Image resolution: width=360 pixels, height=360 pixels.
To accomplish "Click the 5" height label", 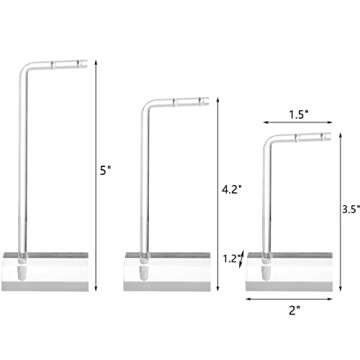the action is point(105,171).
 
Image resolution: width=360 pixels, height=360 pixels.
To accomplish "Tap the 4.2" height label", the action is point(231,189).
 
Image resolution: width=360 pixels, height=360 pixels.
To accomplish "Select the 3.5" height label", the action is point(351,209).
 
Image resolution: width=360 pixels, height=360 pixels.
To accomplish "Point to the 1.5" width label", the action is point(298,115).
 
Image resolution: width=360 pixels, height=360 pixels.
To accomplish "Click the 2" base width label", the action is point(294,311).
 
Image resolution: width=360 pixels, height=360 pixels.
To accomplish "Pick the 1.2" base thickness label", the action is point(232,259).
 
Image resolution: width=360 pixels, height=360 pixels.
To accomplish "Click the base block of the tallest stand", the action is point(45,272).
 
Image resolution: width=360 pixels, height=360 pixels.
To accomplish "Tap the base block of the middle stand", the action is point(167,272).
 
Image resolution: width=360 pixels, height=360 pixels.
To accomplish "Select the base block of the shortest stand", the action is point(289,272).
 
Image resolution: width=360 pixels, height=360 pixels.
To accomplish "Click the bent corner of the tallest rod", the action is point(24,68).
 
